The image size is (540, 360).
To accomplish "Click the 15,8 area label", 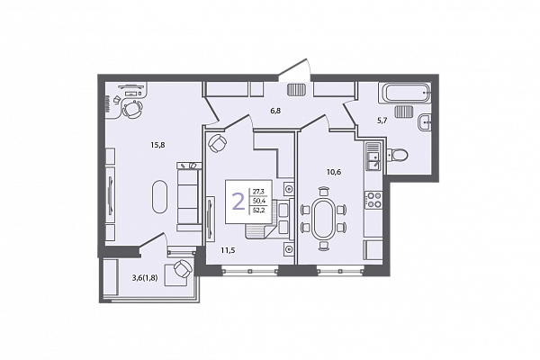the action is [157, 145].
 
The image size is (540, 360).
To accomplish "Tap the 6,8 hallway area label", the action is [274, 111].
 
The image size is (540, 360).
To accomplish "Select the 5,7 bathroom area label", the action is [382, 121].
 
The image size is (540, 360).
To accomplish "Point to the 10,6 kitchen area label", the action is [334, 172].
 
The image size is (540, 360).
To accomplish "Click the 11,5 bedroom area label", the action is [228, 250].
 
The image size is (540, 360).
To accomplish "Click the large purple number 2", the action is [238, 202].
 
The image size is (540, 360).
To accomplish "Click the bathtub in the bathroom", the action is [404, 93].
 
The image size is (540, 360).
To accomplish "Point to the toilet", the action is [397, 155].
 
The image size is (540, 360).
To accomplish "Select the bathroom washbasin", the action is [424, 122].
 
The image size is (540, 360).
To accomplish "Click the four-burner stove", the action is [373, 200].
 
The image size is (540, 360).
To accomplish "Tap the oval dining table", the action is [323, 218].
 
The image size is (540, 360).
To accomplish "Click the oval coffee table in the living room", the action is [160, 197].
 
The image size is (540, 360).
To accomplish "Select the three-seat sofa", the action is [188, 196].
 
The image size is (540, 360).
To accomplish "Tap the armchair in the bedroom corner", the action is [218, 143].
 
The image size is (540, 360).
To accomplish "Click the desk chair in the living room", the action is [132, 109].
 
